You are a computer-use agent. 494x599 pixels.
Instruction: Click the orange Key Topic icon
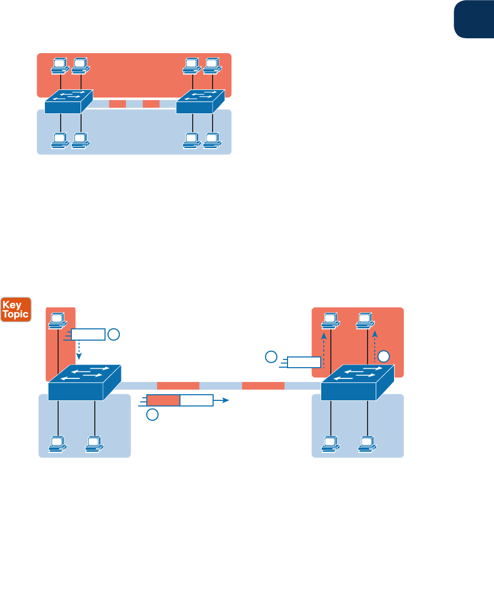pos(16,309)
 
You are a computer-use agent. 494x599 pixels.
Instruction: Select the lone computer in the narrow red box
pos(58,320)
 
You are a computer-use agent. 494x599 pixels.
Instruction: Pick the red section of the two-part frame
pos(163,400)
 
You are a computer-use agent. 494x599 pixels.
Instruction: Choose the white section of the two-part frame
pos(196,400)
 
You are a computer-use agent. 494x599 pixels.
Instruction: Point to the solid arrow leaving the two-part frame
pos(222,401)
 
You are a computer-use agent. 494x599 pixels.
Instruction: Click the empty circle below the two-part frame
pos(152,415)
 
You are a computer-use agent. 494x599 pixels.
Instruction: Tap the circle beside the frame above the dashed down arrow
pos(114,334)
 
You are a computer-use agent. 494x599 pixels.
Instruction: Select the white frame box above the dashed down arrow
pos(88,334)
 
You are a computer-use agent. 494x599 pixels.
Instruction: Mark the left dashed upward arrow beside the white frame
pos(323,349)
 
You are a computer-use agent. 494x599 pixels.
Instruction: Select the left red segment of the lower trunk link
pos(177,386)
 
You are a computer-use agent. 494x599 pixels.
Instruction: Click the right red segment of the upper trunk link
pos(151,104)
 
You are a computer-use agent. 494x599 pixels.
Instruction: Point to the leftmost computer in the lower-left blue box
pos(57,444)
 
